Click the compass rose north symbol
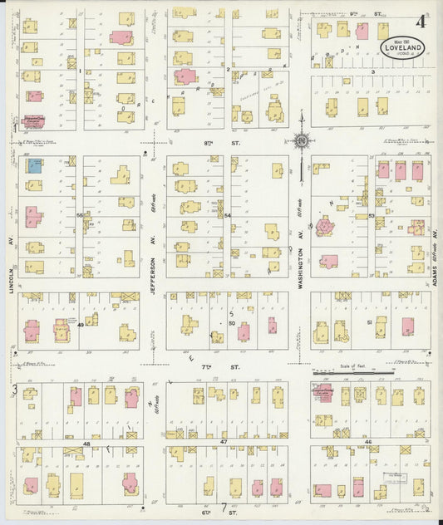click(x=302, y=141)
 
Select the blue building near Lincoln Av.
click(x=35, y=165)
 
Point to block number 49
click(x=81, y=326)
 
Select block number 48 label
click(x=86, y=444)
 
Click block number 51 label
click(x=368, y=321)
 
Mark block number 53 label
click(x=371, y=216)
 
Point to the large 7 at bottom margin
click(x=223, y=509)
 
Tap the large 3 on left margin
click(x=14, y=389)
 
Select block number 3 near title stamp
click(x=373, y=72)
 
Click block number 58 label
click(x=81, y=216)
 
